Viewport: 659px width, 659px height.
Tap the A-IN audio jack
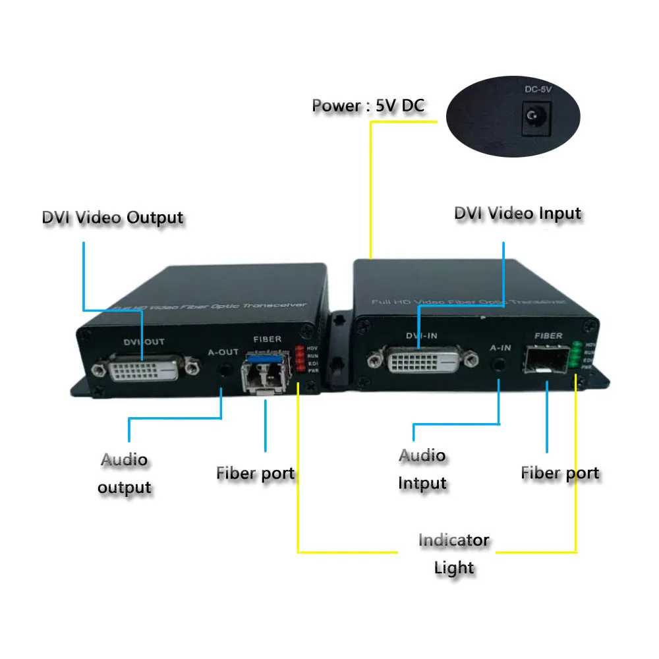pyautogui.click(x=502, y=363)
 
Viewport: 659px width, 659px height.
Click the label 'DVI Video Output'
pyautogui.click(x=112, y=217)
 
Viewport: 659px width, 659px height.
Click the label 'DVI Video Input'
pyautogui.click(x=517, y=214)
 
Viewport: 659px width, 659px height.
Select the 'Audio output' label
pyautogui.click(x=125, y=474)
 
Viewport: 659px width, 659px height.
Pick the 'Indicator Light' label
pyautogui.click(x=454, y=554)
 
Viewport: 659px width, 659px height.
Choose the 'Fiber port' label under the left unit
pyautogui.click(x=255, y=473)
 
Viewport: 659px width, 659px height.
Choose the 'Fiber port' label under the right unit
pyautogui.click(x=559, y=473)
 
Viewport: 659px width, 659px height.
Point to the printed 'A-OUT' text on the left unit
pyautogui.click(x=223, y=352)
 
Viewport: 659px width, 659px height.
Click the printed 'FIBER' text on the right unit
pyautogui.click(x=548, y=336)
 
